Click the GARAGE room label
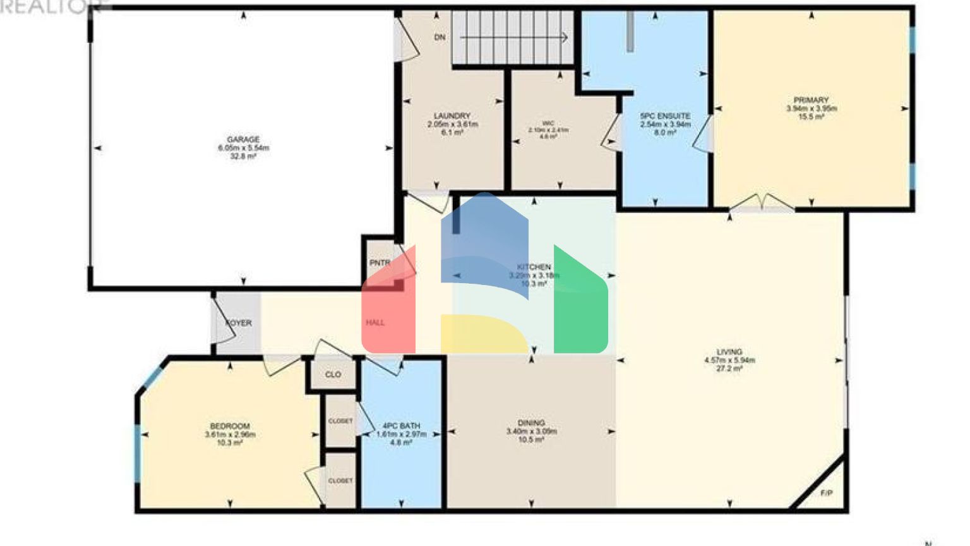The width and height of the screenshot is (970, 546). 243,140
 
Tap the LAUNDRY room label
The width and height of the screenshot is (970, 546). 452,116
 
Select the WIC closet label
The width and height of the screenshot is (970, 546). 548,123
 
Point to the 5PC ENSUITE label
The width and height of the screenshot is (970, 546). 665,116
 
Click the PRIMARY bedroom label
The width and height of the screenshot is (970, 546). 811,100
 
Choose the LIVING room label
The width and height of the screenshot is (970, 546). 729,352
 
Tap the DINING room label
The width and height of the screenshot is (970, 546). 531,423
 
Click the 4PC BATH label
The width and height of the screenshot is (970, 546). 401,426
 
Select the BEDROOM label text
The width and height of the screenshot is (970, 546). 230,426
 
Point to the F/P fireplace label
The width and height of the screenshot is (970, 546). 826,493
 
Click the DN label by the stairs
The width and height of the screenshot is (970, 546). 440,37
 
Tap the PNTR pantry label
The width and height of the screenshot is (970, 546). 380,263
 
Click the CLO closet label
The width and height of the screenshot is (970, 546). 333,375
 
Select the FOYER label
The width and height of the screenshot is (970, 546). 239,323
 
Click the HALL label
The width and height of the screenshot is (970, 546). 375,323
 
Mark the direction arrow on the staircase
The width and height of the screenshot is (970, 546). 562,38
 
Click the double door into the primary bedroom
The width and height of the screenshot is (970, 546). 762,203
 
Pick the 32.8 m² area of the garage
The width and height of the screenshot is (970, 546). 243,156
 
